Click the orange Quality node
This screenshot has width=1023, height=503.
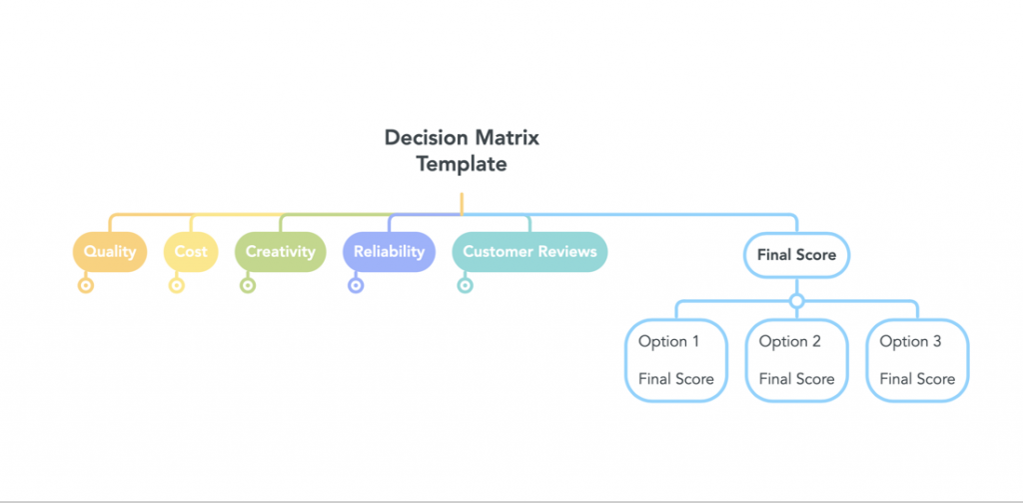[x=110, y=252]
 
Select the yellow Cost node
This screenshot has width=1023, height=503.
[x=191, y=252]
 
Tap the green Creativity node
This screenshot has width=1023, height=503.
[x=281, y=252]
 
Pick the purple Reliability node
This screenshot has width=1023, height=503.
[x=389, y=252]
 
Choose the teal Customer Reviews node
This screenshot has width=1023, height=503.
[x=529, y=252]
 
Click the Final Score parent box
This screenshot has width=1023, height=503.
[x=796, y=255]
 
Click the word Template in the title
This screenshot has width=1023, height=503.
[x=462, y=164]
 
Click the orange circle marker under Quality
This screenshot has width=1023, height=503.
[x=86, y=285]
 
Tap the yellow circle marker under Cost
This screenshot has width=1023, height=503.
[x=176, y=285]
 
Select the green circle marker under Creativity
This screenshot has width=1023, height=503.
[x=248, y=285]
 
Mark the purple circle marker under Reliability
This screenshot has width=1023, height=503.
[x=356, y=285]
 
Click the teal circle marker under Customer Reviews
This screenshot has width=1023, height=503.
[x=465, y=285]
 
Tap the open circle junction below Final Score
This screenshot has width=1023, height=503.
[x=796, y=301]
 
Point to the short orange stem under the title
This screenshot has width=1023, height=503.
[x=462, y=203]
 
